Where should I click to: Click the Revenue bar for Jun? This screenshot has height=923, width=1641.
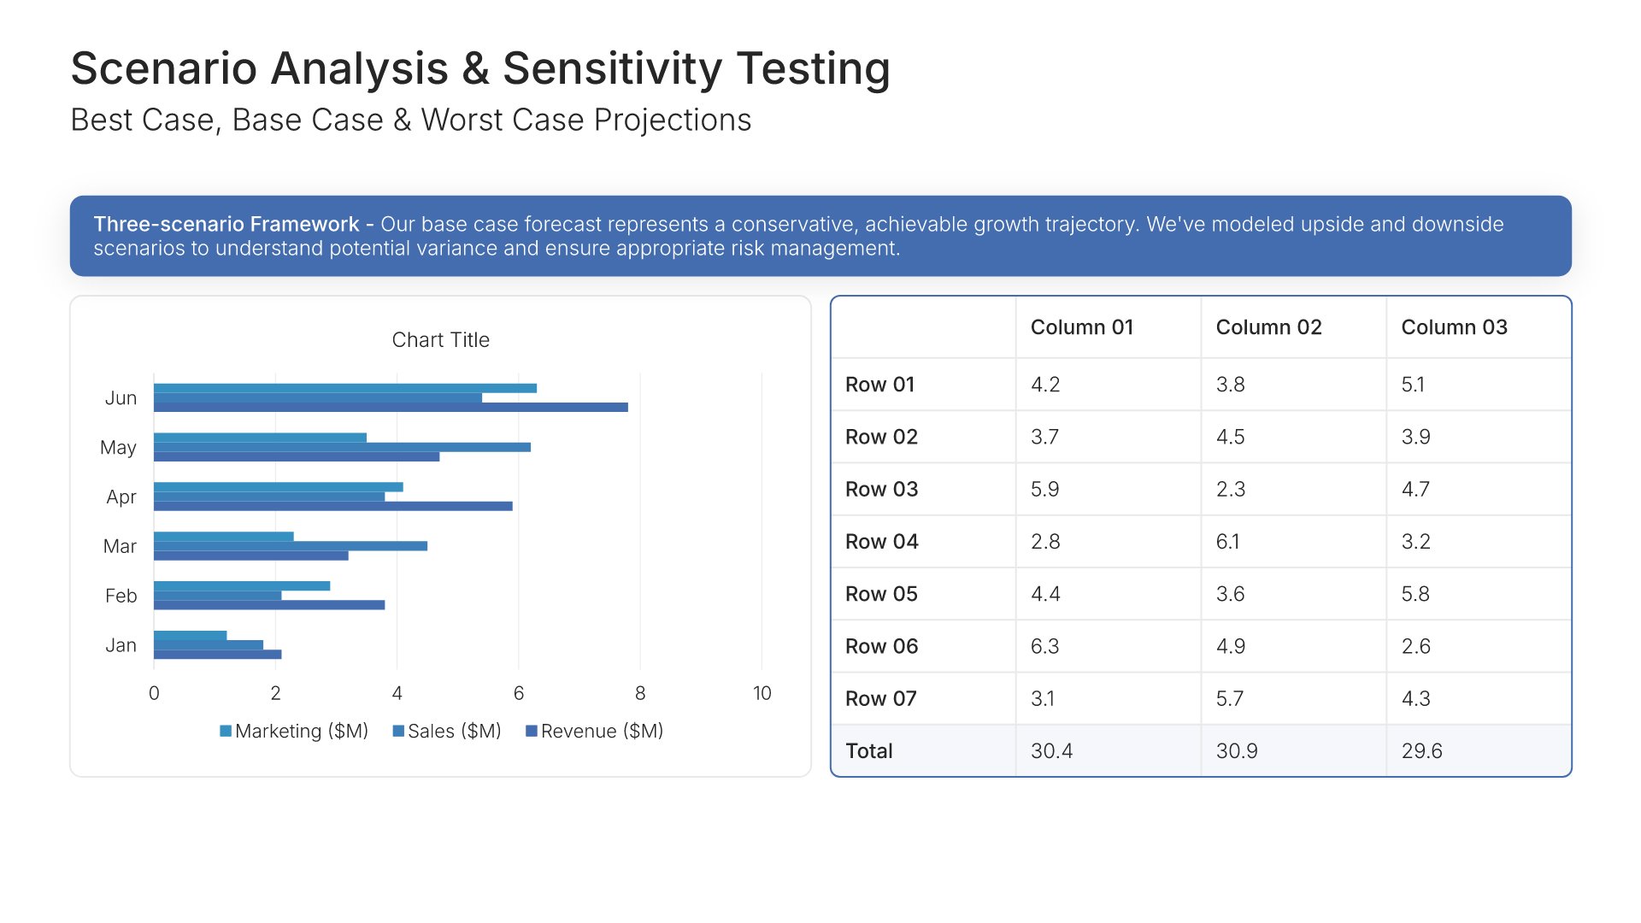tap(391, 408)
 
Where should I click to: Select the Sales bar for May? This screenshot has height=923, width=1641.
tap(342, 447)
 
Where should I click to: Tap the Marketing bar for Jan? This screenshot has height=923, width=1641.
tap(190, 635)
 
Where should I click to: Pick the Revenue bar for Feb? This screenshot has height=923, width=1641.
tap(269, 605)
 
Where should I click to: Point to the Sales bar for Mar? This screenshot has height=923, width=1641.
tap(291, 546)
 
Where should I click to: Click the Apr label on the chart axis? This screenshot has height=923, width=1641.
tap(121, 497)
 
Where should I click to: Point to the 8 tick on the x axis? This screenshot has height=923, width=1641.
tap(640, 693)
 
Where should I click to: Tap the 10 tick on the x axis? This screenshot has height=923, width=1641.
tap(762, 693)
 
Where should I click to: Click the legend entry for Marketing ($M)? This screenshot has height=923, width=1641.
tap(294, 732)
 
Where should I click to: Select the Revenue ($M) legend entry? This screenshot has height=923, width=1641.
tap(594, 732)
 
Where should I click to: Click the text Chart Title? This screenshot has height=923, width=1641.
tap(440, 340)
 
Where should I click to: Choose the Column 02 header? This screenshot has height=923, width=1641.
tap(1268, 327)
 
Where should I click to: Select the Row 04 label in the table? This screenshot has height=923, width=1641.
tap(881, 542)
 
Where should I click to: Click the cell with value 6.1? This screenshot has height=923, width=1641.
tap(1227, 542)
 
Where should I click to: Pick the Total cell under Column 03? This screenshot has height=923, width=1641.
tap(1421, 751)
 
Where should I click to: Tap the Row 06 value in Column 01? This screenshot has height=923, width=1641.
tap(1044, 647)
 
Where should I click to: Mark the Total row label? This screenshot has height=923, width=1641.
tap(868, 751)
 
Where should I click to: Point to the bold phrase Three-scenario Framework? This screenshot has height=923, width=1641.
tap(226, 224)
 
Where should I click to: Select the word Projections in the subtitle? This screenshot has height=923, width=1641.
tap(673, 121)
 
